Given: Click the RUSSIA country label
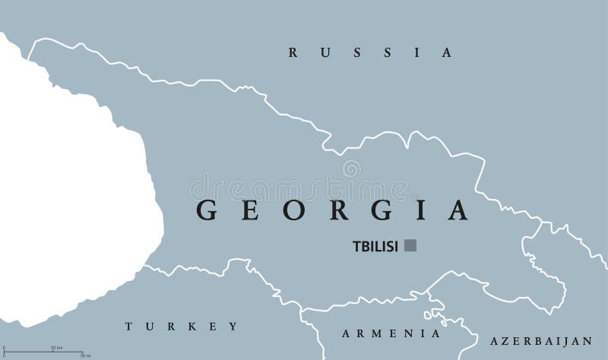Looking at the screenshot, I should click(370, 53).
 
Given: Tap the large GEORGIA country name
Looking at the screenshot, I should click(332, 210).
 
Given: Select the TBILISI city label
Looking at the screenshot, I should click(375, 246).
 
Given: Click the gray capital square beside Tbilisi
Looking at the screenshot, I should click(410, 245).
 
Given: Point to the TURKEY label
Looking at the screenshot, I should click(182, 327).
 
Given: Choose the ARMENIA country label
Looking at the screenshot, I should click(391, 333).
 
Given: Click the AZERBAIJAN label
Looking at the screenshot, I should click(540, 341).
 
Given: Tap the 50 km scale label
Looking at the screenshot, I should click(56, 347).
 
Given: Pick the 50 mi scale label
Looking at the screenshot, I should click(85, 355).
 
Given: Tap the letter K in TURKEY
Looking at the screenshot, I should click(194, 327).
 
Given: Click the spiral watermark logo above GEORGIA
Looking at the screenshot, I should click(351, 168).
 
